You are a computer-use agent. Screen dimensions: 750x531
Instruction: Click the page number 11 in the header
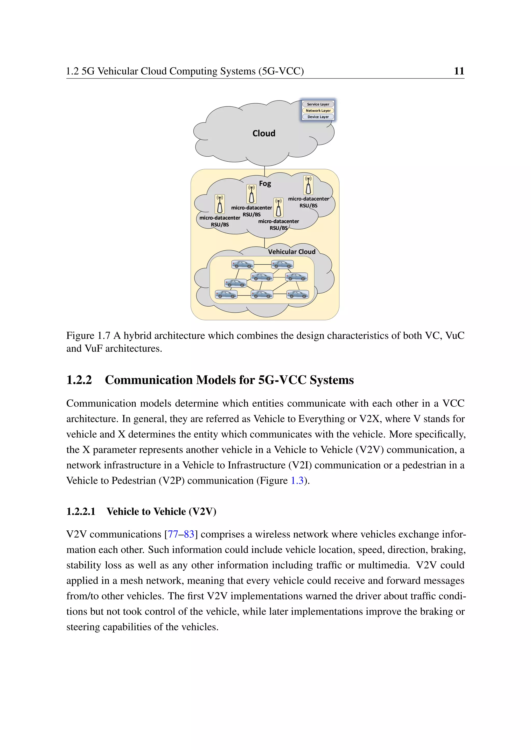(459, 71)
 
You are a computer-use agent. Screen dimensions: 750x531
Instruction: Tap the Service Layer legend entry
(318, 104)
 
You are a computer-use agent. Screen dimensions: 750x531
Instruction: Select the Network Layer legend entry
(318, 110)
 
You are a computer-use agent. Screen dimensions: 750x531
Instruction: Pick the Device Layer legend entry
(318, 117)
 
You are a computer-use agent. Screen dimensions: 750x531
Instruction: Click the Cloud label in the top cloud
(264, 133)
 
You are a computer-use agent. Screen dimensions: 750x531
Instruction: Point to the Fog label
(265, 184)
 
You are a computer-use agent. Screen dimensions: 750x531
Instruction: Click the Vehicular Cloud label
(292, 251)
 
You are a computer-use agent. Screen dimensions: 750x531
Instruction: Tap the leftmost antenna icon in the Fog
(220, 204)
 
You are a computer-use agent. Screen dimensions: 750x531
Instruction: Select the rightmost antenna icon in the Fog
(308, 185)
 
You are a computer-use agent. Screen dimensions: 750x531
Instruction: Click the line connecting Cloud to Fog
(264, 170)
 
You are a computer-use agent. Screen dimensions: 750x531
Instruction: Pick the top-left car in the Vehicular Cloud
(242, 264)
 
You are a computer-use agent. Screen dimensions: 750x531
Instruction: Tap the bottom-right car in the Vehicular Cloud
(298, 295)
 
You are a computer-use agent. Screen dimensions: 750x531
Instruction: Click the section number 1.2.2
(79, 380)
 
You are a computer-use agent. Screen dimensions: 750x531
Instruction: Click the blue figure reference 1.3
(297, 480)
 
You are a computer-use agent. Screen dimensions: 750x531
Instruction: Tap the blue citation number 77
(173, 535)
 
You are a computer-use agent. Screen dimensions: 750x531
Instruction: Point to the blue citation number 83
(189, 535)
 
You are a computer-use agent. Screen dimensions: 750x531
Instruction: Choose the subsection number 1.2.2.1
(81, 511)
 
